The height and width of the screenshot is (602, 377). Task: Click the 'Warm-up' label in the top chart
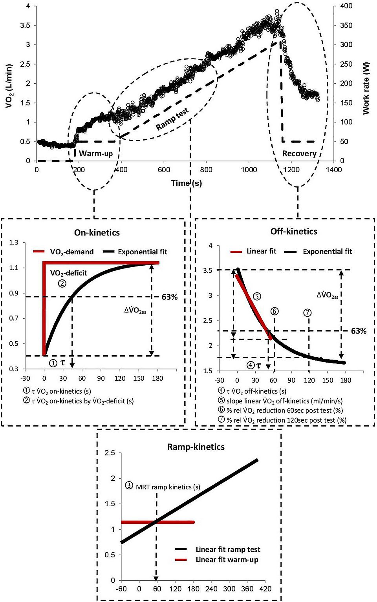(96, 153)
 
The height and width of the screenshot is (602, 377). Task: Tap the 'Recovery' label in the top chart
(299, 153)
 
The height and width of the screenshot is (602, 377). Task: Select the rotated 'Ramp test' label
(172, 119)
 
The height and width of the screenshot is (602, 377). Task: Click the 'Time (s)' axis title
(186, 183)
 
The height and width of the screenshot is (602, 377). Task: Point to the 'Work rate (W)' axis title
(366, 88)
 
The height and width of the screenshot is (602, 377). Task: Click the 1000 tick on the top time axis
(249, 170)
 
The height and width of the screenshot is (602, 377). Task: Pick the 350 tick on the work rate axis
(346, 26)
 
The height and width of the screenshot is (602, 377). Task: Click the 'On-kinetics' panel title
(97, 232)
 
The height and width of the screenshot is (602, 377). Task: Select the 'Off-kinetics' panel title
(294, 232)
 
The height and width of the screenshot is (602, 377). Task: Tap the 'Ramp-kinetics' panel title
(196, 447)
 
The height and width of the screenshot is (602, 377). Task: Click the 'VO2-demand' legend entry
(71, 252)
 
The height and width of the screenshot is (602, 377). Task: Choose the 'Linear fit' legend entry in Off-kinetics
(261, 251)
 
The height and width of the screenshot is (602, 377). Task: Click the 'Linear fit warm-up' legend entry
(227, 560)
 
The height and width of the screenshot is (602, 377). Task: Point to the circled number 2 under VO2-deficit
(62, 283)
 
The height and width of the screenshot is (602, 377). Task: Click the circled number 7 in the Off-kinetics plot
(307, 312)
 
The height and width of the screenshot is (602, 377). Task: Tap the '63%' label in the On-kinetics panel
(170, 297)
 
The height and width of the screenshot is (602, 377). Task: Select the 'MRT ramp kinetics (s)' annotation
(168, 487)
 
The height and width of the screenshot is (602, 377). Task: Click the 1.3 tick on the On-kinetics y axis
(14, 243)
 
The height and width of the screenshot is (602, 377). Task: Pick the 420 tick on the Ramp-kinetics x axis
(265, 589)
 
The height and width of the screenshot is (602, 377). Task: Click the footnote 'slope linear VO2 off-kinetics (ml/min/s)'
(284, 401)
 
